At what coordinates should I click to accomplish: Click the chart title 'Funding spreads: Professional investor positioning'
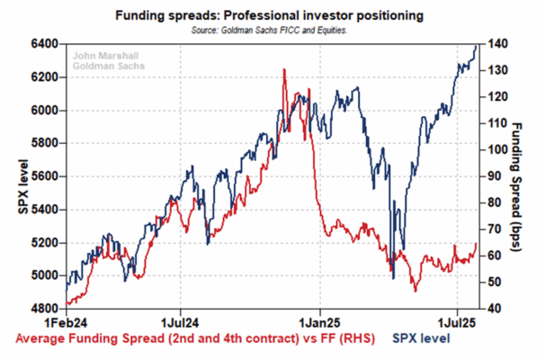click(x=270, y=15)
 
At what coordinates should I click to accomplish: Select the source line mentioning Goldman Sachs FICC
click(x=270, y=31)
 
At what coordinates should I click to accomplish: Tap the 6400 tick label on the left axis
click(x=44, y=44)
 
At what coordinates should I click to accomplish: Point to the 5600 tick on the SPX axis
click(x=44, y=176)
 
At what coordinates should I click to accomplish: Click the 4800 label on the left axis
click(x=44, y=309)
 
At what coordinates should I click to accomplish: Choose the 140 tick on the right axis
click(x=497, y=44)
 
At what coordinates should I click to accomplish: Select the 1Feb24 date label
click(x=66, y=323)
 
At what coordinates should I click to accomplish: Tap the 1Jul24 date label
click(x=180, y=323)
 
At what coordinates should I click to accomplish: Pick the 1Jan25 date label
click(x=320, y=323)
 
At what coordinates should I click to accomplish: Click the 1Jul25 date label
click(x=456, y=323)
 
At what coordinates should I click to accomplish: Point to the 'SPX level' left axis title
click(x=23, y=187)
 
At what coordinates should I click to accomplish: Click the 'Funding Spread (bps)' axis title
click(x=516, y=187)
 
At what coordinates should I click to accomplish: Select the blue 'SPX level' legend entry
click(x=421, y=338)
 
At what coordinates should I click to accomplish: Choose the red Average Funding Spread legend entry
click(x=195, y=338)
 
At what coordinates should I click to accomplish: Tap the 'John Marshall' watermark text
click(x=105, y=56)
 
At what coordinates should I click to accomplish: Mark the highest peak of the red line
click(x=284, y=69)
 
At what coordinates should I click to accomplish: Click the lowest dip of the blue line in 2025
click(x=393, y=278)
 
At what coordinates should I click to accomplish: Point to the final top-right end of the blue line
click(x=476, y=46)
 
